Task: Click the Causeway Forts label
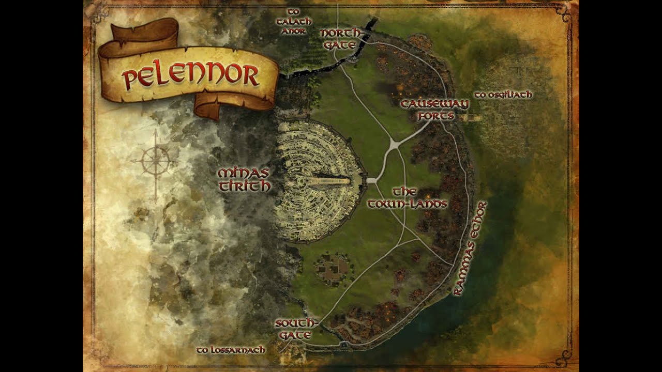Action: [x=434, y=110]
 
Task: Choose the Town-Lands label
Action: [x=407, y=198]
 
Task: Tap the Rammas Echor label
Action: [x=470, y=248]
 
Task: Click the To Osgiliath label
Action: [x=503, y=95]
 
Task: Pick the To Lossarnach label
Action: [x=231, y=350]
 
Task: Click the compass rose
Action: [x=155, y=162]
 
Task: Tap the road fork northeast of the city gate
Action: [x=394, y=145]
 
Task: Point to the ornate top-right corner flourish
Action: [x=565, y=12]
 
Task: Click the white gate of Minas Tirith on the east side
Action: [x=370, y=180]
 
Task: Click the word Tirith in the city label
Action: [x=244, y=186]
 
